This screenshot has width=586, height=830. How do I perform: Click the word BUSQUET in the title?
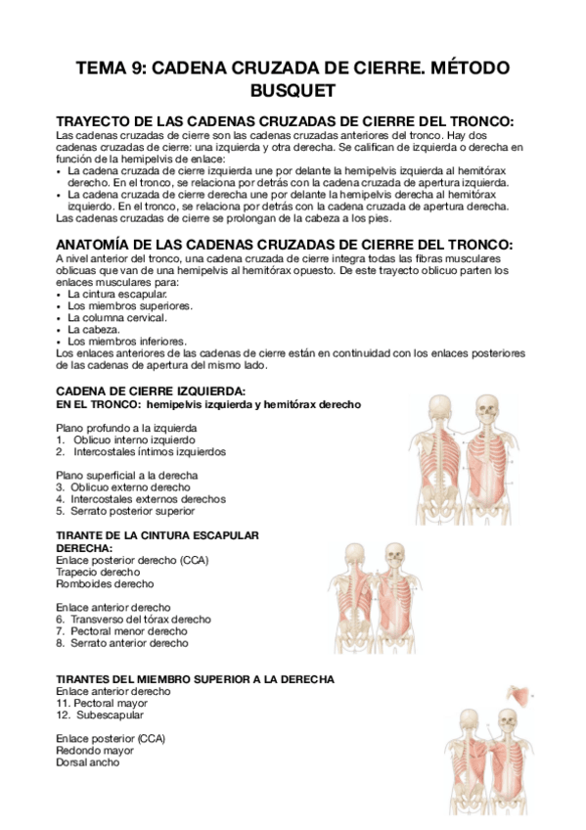pos(293,90)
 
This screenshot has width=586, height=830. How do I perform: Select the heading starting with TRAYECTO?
pos(285,120)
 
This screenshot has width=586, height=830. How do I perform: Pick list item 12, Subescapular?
pos(107,715)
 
